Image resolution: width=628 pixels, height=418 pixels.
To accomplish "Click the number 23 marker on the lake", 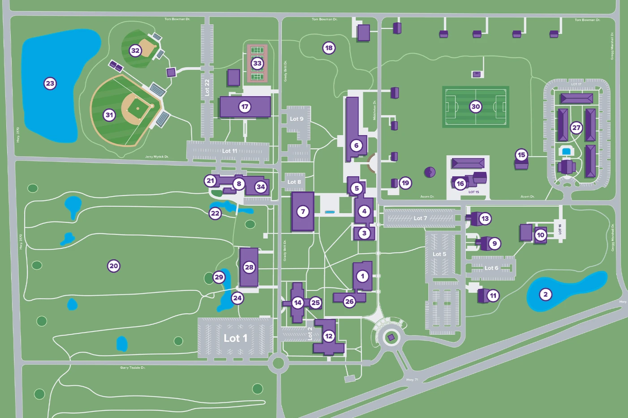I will (x=50, y=83).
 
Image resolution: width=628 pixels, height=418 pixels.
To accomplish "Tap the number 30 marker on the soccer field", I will (x=476, y=107).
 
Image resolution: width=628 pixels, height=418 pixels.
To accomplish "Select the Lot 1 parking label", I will (x=235, y=338).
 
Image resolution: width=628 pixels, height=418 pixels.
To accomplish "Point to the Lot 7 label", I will (x=420, y=218).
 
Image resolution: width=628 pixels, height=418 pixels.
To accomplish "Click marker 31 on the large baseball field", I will (x=109, y=115).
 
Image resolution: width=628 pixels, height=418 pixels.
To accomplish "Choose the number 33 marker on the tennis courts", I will (x=257, y=63).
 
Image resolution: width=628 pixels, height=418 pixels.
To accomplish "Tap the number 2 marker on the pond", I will (x=545, y=294).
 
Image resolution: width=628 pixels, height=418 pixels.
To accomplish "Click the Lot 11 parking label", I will (x=230, y=151).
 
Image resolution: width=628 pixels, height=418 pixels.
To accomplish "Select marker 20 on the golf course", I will (x=114, y=266).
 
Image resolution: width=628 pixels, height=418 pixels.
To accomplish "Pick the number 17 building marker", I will (x=245, y=107).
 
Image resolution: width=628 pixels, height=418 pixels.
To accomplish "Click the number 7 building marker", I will (x=303, y=212).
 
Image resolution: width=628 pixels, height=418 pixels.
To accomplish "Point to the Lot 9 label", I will (x=297, y=119).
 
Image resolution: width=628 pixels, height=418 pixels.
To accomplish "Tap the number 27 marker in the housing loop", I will (x=576, y=128).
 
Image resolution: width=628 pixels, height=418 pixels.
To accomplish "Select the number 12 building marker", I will (x=329, y=336).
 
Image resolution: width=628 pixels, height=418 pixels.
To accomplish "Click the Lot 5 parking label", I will (x=439, y=254).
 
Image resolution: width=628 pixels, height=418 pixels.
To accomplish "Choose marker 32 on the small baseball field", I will (x=135, y=51).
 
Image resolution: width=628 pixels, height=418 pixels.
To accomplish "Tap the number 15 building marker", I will (x=521, y=155).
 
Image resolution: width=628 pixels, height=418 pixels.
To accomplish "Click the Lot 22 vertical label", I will (x=207, y=87).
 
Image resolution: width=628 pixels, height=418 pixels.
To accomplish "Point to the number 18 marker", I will (x=329, y=48).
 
